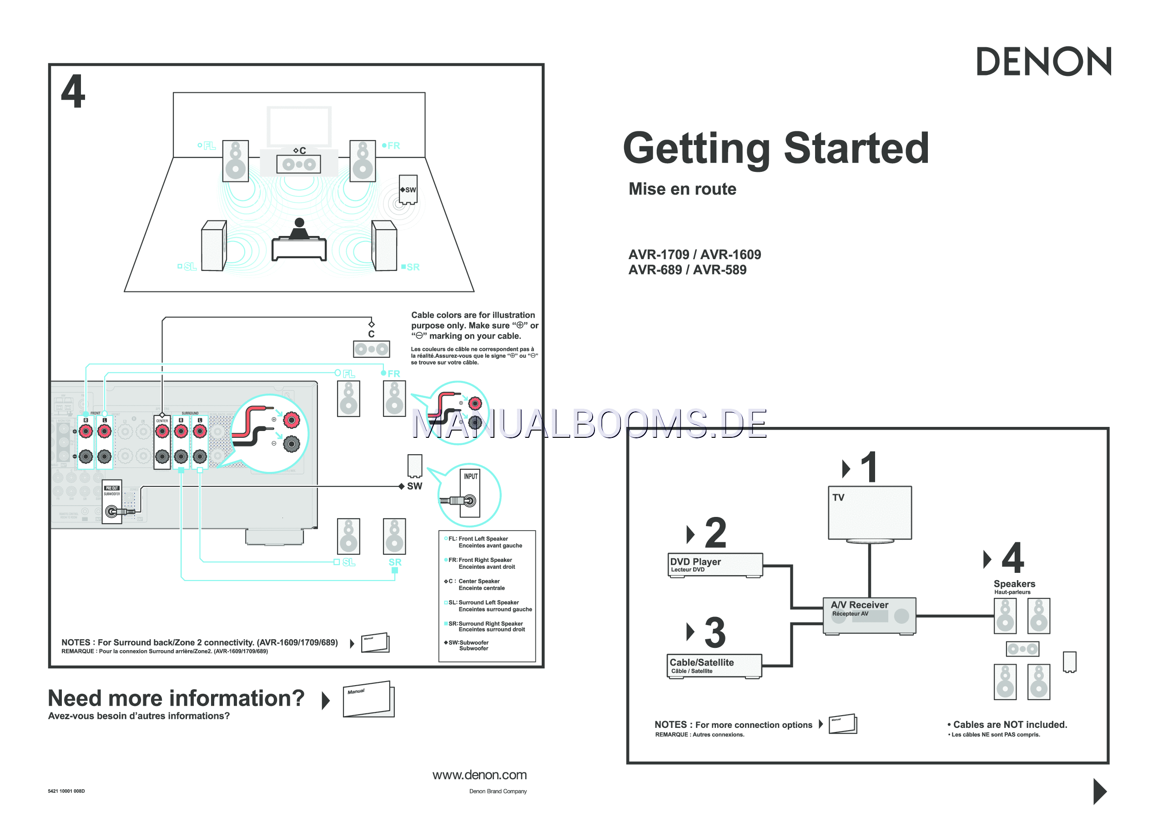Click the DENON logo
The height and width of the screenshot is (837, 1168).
(1043, 62)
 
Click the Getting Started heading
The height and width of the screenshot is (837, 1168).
(775, 148)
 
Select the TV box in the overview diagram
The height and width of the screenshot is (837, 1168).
(869, 513)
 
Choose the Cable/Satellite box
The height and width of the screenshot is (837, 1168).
(714, 666)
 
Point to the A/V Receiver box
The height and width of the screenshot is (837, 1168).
(869, 615)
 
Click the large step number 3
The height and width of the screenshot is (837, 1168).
(715, 633)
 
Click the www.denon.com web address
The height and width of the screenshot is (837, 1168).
(479, 775)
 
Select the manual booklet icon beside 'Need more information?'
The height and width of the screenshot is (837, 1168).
(368, 699)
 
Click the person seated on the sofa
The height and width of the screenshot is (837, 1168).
(299, 229)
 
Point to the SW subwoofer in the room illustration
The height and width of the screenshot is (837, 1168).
(408, 190)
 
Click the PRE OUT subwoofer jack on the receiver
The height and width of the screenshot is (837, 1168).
(111, 511)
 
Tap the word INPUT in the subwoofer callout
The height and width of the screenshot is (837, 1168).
(470, 476)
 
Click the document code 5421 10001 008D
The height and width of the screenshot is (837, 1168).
(66, 791)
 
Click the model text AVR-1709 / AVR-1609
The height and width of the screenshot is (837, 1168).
(694, 254)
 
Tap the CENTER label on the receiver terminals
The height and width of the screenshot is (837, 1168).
(162, 421)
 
